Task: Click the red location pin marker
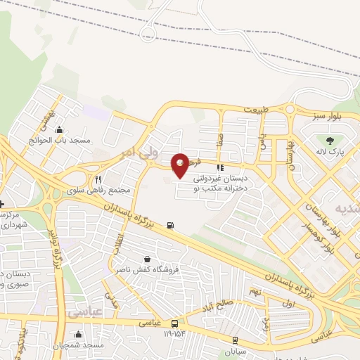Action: (181, 165)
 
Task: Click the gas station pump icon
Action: (170, 226)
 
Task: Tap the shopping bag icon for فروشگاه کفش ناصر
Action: (146, 259)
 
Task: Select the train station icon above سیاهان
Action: (235, 339)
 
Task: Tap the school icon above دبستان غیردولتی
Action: (219, 168)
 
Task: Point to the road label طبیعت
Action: (257, 110)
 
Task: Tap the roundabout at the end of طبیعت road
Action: (290, 109)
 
